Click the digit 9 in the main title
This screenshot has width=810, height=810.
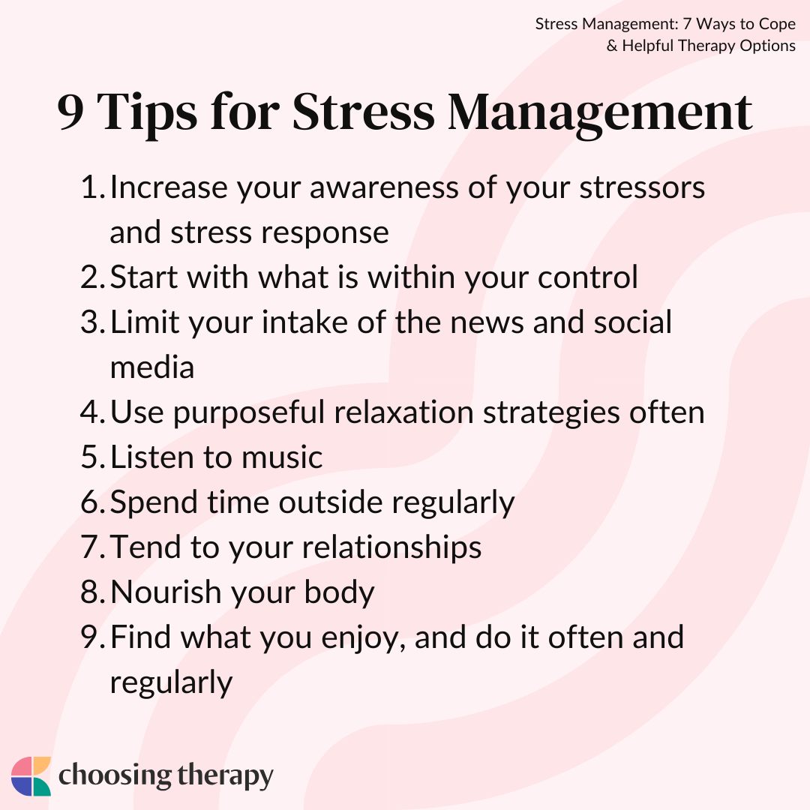coord(70,112)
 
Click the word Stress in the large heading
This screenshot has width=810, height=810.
coord(363,112)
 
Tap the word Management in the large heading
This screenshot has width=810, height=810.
coord(600,115)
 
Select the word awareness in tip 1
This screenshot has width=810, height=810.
coord(384,187)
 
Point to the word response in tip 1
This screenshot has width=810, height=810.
coord(325,233)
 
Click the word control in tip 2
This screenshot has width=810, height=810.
coord(588,277)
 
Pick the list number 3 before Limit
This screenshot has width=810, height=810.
coord(92,322)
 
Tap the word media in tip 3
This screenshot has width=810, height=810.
coord(152,367)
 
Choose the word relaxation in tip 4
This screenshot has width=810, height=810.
coord(403,412)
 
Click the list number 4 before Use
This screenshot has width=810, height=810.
coord(92,412)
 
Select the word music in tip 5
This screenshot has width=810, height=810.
coord(282,457)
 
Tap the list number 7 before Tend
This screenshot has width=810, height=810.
coord(92,547)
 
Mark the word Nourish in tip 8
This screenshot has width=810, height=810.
coord(166,592)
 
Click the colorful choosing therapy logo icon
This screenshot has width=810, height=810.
coord(31,776)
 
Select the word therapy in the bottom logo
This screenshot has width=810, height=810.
coord(225,776)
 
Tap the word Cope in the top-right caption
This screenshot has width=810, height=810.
coord(777,24)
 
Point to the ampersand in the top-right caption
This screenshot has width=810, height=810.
coord(612,46)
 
